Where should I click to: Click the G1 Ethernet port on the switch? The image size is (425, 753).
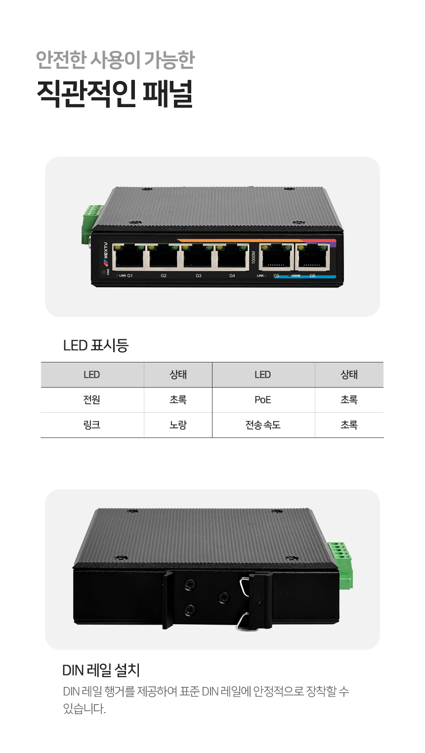point(129,256)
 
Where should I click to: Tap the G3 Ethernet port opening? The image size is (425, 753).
point(198,256)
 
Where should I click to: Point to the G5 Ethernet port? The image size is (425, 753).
point(276,256)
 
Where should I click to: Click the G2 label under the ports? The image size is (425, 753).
point(164,276)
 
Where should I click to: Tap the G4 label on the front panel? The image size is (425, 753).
point(232,276)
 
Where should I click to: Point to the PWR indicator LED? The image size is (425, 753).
point(104,272)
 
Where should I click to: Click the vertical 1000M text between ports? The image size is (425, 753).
point(254,257)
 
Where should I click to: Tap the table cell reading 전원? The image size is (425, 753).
point(92,399)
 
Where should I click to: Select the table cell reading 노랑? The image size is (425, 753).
point(178,425)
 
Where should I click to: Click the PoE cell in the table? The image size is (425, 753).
point(263,399)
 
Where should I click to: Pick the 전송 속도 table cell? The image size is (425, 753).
point(263,425)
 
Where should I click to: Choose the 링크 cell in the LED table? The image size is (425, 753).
point(92,425)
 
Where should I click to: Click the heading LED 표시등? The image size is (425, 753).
point(96,345)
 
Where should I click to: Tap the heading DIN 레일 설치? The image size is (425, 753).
point(101,670)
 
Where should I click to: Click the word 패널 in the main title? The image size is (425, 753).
point(168,93)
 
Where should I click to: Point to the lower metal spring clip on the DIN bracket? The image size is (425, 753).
point(243,621)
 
